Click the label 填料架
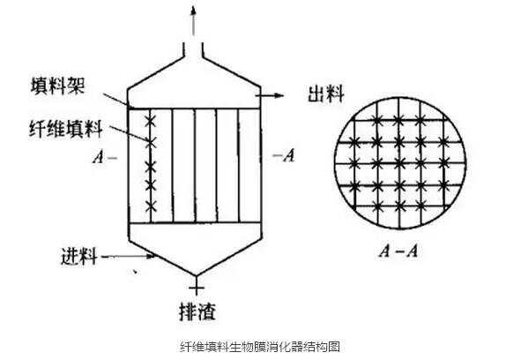coord(58,86)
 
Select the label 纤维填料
coord(66,129)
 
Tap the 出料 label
coord(326,94)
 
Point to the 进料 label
coord(79,257)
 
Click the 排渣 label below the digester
coord(197,311)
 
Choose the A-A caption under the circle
coord(398,251)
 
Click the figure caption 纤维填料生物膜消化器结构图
coord(260,347)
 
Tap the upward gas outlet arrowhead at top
coord(193,11)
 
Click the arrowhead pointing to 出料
coord(279,95)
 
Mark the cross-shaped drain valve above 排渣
coord(197,288)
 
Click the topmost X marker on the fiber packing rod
coord(150,122)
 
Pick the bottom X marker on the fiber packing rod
coord(151,206)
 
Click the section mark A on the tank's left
coord(99,158)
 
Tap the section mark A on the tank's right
coord(289,155)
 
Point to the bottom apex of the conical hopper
coord(197,275)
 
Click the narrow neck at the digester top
coord(193,50)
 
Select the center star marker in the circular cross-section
coord(399,163)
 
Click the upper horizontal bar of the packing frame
coord(194,109)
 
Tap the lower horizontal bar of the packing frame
coord(194,222)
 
